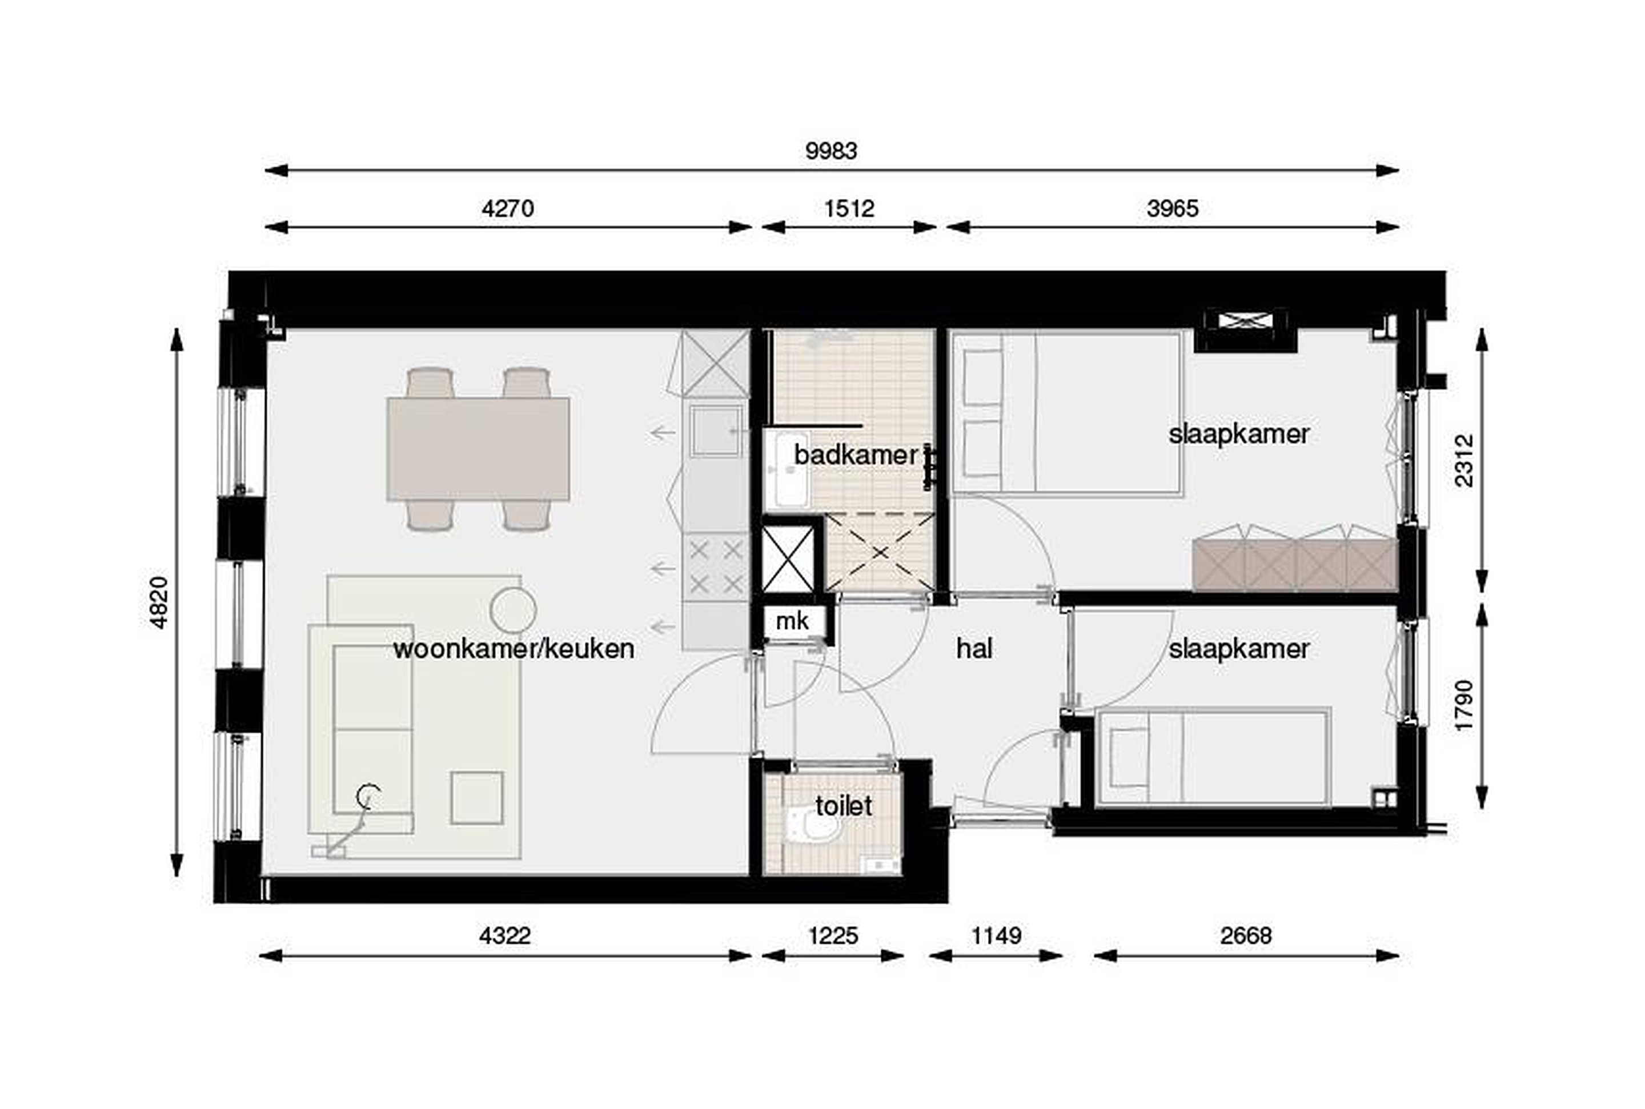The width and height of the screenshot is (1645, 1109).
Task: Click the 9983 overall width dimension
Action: coord(831,151)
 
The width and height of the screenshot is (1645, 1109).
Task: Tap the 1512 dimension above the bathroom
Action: coord(849,208)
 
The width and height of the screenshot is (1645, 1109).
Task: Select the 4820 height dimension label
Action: coord(158,602)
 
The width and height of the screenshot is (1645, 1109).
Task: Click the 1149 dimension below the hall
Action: coord(996,936)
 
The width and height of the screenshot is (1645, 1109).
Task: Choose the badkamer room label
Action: coord(856,455)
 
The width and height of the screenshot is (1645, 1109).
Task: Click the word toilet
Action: coord(844,806)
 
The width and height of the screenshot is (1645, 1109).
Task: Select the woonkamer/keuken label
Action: coord(513,649)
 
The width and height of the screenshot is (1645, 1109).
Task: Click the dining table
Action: coord(478,449)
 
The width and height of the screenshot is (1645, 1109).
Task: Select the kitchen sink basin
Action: coord(715,431)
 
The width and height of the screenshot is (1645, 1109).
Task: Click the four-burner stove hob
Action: coord(716,567)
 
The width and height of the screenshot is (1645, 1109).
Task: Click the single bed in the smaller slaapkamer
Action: coord(1213,757)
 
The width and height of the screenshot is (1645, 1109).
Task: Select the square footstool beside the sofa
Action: coord(477,798)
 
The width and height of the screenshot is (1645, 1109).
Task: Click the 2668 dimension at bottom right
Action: coord(1246,936)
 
